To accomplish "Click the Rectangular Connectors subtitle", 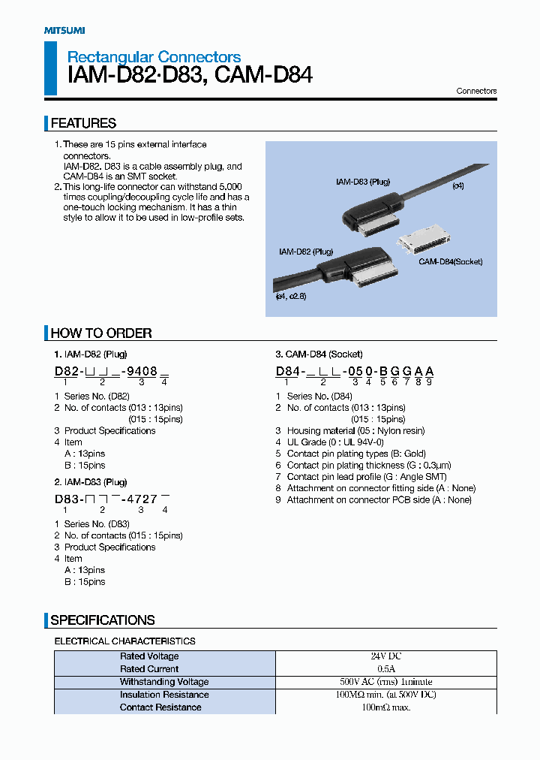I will coord(154,57).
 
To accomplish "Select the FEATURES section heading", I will coord(83,123).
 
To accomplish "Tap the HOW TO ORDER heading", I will coord(101,333).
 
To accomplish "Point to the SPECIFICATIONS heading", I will coord(103,620).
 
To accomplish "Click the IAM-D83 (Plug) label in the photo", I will coord(362,182).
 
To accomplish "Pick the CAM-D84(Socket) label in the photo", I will coord(450,261).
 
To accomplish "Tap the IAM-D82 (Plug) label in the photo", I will coord(305,252).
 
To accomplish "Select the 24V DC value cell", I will coord(386,656).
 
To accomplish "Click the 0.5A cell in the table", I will coord(386,669).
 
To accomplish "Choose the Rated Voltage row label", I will coord(149,656).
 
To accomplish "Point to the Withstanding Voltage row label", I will coord(164,682).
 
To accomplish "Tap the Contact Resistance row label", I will coord(160,707).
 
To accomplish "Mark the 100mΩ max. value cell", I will coord(386,707).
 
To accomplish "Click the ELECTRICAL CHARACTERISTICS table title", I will coord(124,641).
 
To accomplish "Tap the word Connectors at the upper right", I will coord(476,91).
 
